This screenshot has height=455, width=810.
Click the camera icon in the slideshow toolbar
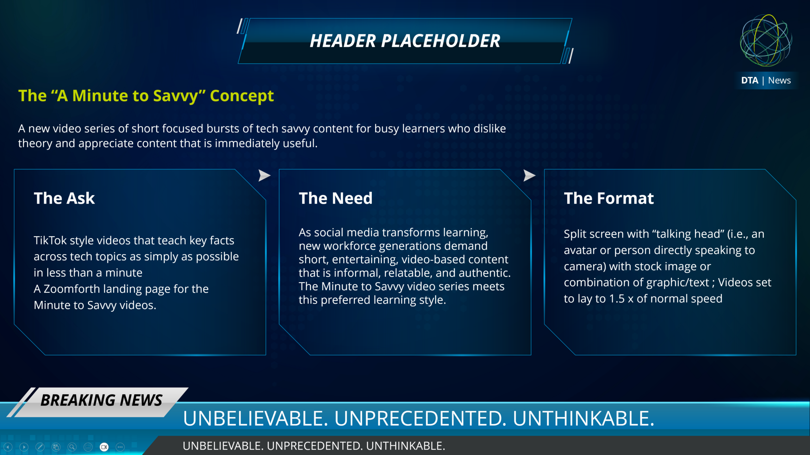(x=104, y=447)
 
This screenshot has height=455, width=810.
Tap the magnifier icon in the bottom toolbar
(x=72, y=447)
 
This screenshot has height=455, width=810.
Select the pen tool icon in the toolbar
(x=40, y=447)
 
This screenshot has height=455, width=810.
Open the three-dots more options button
(x=120, y=447)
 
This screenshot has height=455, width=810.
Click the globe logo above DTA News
(x=766, y=40)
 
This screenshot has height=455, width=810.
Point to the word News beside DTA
(x=779, y=80)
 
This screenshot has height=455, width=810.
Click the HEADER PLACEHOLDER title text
(x=405, y=41)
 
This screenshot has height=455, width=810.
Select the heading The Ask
(x=64, y=198)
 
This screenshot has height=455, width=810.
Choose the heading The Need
(x=336, y=198)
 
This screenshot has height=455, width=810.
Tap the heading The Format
(x=609, y=198)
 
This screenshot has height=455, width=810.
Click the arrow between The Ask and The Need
(x=264, y=175)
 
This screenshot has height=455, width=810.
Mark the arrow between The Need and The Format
(x=529, y=175)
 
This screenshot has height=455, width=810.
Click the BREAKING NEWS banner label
(x=101, y=400)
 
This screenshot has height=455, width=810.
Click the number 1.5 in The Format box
(x=617, y=299)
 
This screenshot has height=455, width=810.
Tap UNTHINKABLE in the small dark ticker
(x=406, y=446)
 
